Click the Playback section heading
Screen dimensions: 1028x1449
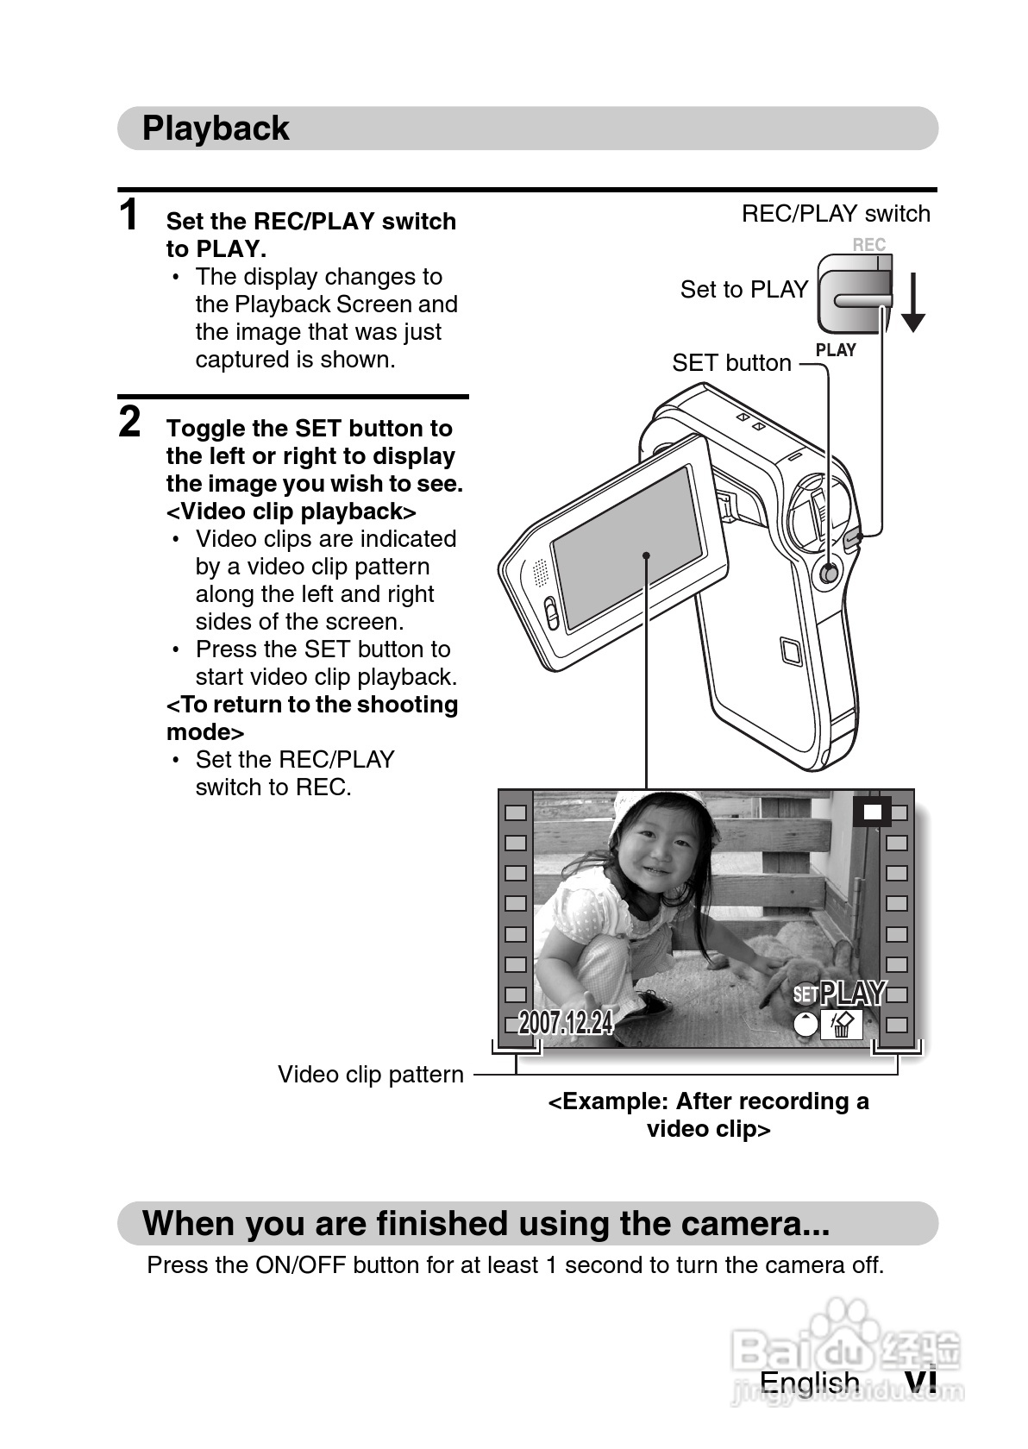point(216,128)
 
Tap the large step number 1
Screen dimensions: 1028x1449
point(129,214)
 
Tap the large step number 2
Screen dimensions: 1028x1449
point(129,422)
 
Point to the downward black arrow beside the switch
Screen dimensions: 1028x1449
point(912,302)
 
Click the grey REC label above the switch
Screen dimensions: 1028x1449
point(868,245)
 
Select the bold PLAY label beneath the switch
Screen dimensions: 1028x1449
point(835,350)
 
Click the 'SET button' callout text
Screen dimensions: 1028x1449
point(731,363)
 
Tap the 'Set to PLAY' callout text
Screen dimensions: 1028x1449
point(744,289)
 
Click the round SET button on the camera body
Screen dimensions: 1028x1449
point(829,573)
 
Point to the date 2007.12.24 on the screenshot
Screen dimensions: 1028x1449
point(566,1023)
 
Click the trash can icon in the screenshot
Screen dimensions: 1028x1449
point(841,1024)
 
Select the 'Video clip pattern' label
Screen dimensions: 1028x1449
point(371,1075)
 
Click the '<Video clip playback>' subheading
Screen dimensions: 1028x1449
point(291,511)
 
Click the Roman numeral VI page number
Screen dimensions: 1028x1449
point(920,1382)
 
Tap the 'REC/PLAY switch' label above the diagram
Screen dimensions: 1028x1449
point(836,214)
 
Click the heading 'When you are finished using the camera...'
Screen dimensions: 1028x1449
point(486,1223)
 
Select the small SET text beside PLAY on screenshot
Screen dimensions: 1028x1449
point(805,994)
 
